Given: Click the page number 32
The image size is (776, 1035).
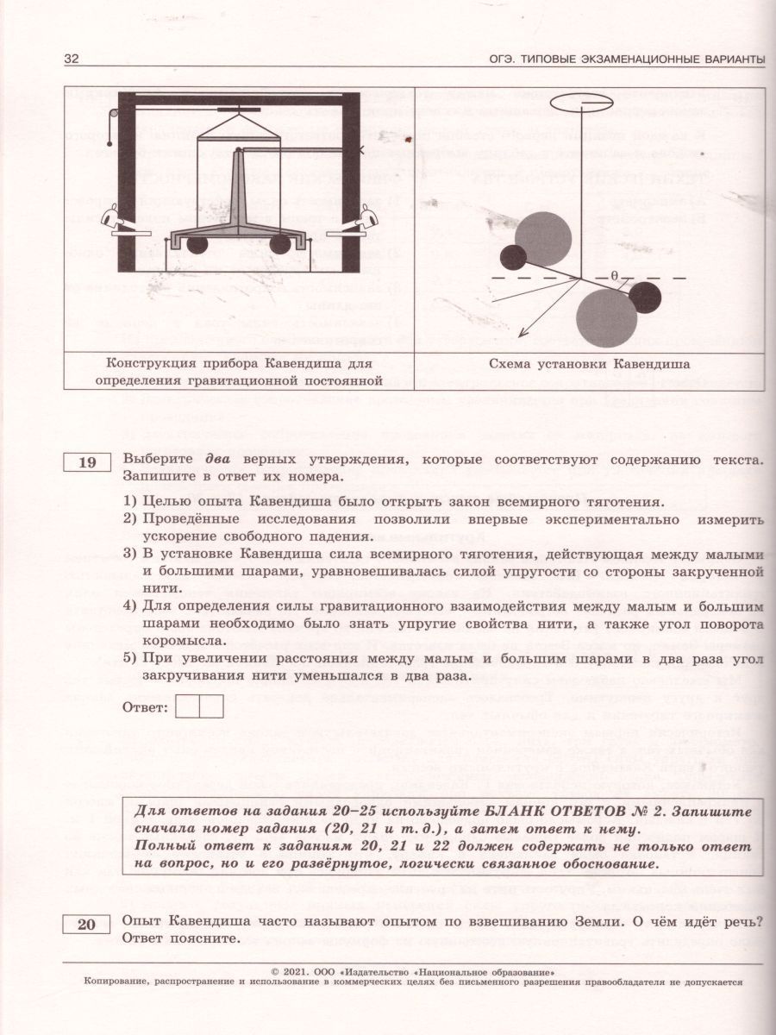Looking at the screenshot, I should (x=72, y=59).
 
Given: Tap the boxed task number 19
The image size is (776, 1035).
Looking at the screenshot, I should (x=87, y=463).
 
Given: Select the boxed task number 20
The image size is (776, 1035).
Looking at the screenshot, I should (x=87, y=925).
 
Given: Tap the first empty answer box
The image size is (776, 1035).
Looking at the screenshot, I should (x=187, y=706).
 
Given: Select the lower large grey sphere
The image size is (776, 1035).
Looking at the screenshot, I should (x=607, y=317).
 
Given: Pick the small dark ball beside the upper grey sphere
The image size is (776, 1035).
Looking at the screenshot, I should (x=514, y=257).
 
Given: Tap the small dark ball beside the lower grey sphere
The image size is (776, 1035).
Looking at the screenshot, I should (x=645, y=298).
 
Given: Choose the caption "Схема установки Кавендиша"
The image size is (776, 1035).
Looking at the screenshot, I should (x=587, y=364).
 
